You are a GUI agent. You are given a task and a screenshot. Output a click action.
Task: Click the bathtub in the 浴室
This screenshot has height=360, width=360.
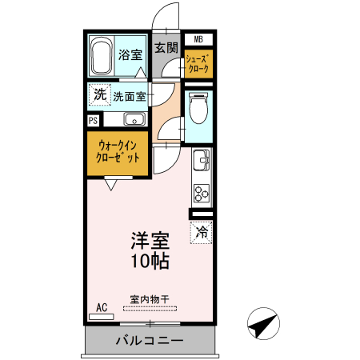pyautogui.click(x=101, y=58)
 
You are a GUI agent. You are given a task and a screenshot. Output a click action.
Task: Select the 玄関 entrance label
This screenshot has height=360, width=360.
pyautogui.click(x=166, y=48)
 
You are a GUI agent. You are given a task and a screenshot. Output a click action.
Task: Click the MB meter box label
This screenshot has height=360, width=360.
pyautogui.click(x=198, y=39)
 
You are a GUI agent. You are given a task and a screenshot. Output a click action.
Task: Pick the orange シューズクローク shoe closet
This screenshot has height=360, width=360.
pyautogui.click(x=198, y=64)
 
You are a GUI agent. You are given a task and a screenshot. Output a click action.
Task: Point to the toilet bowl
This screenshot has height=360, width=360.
pyautogui.click(x=198, y=110)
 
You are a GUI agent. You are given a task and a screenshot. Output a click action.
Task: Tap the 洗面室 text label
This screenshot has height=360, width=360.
pyautogui.click(x=129, y=97)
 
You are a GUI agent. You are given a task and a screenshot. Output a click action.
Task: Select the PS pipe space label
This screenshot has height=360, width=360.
pyautogui.click(x=94, y=120)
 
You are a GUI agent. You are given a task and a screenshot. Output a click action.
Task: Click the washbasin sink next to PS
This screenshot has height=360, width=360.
pyautogui.click(x=134, y=121)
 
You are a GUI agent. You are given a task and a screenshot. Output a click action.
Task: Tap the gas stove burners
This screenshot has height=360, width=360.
pyautogui.click(x=200, y=192)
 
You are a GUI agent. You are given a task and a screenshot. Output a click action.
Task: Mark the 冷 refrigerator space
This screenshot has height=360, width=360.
pyautogui.click(x=202, y=233)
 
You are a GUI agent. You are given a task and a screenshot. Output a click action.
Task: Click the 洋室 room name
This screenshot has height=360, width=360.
pyautogui.click(x=151, y=240)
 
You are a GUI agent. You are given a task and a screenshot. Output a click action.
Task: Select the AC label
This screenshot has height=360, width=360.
pyautogui.click(x=102, y=307)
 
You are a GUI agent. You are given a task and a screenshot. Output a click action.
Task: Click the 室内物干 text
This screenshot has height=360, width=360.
pyautogui.click(x=150, y=300)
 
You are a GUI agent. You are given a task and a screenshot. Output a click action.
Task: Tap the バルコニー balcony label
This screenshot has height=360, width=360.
pyautogui.click(x=150, y=340)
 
